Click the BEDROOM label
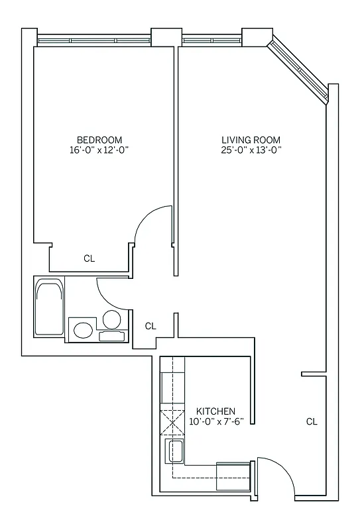pyautogui.click(x=99, y=139)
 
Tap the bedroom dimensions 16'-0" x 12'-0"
pyautogui.click(x=99, y=150)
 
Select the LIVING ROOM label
pyautogui.click(x=251, y=140)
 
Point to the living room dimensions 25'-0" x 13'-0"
pyautogui.click(x=251, y=150)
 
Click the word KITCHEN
pyautogui.click(x=215, y=411)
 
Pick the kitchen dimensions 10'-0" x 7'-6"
pyautogui.click(x=221, y=421)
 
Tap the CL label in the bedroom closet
pyautogui.click(x=89, y=258)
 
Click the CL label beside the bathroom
pyautogui.click(x=150, y=326)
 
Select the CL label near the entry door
pyautogui.click(x=312, y=421)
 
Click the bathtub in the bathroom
pyautogui.click(x=50, y=307)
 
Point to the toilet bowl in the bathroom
pyautogui.click(x=112, y=320)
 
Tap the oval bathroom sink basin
pyautogui.click(x=83, y=329)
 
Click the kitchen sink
pyautogui.click(x=174, y=451)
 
